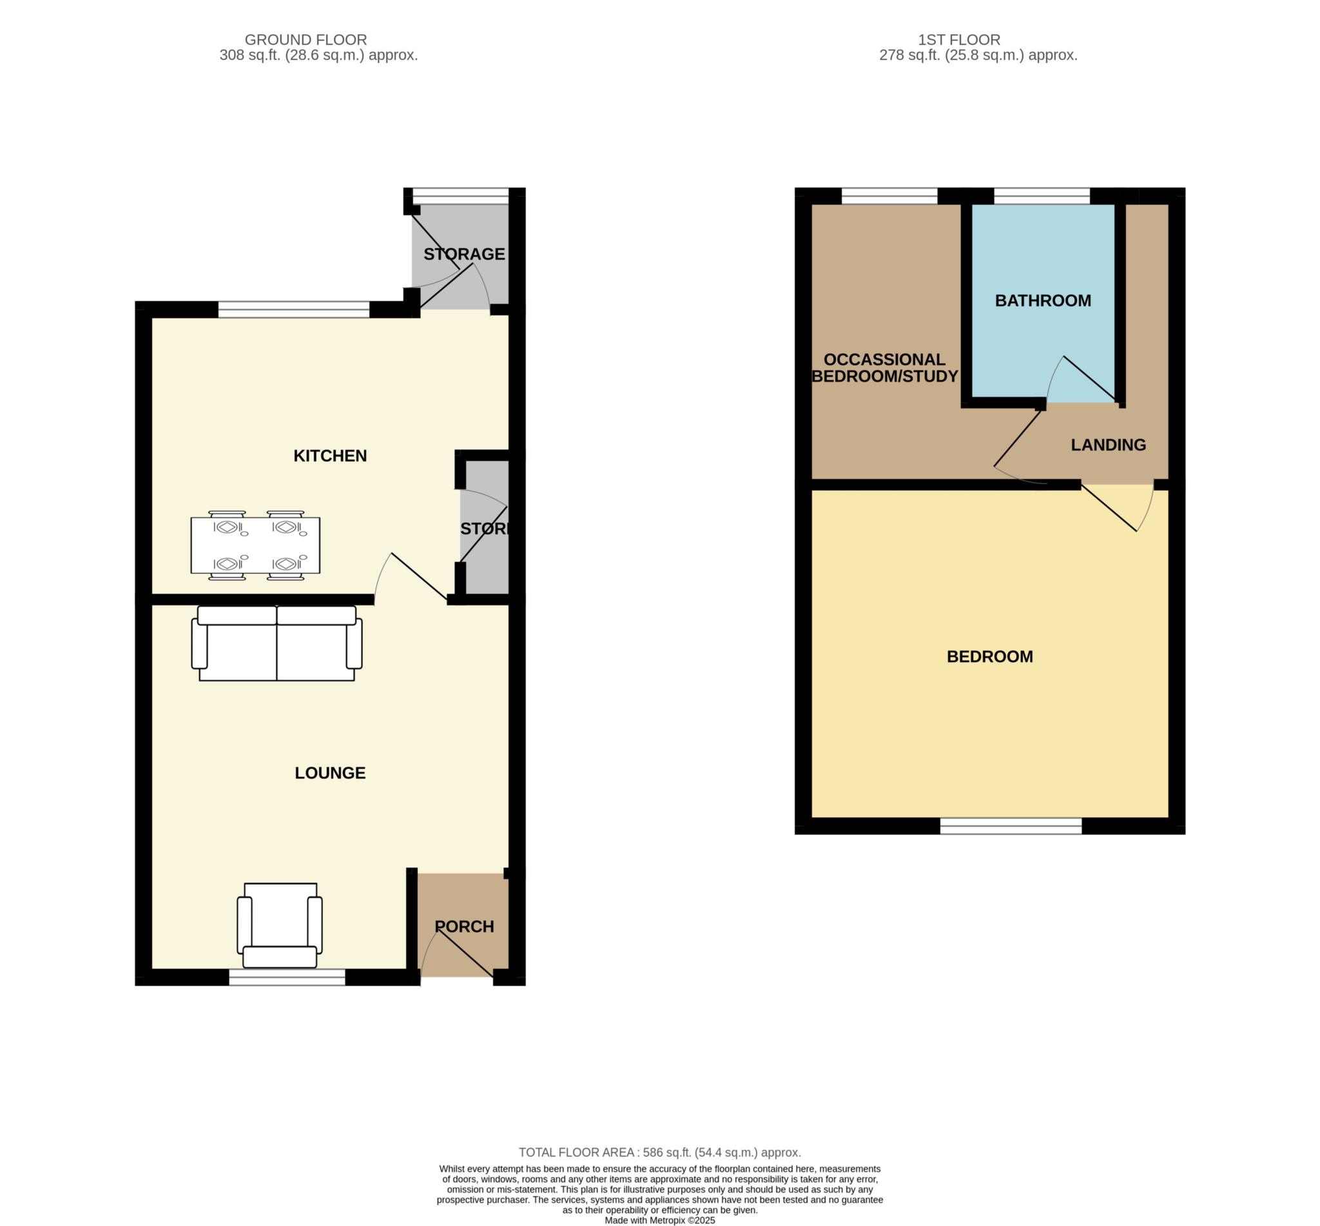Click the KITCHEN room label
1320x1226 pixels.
(x=329, y=456)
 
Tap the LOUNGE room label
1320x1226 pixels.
(x=329, y=773)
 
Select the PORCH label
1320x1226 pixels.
(x=464, y=926)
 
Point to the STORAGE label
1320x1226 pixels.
(x=464, y=254)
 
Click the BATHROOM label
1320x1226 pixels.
(x=1043, y=300)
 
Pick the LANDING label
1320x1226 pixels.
(x=1109, y=445)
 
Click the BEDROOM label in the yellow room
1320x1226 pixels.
(x=989, y=656)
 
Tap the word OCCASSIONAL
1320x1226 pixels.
(x=884, y=360)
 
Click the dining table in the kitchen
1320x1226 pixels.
(x=255, y=545)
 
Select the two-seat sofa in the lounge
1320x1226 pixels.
(x=277, y=643)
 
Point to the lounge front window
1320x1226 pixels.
(x=287, y=977)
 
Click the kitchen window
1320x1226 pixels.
(x=294, y=309)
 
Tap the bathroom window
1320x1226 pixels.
(x=1042, y=196)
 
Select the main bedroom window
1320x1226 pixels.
(x=1011, y=826)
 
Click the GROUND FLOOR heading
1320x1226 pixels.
(x=306, y=40)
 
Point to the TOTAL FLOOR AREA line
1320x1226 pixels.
(x=659, y=1153)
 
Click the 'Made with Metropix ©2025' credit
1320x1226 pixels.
(x=659, y=1220)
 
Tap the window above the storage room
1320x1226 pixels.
(x=460, y=196)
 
